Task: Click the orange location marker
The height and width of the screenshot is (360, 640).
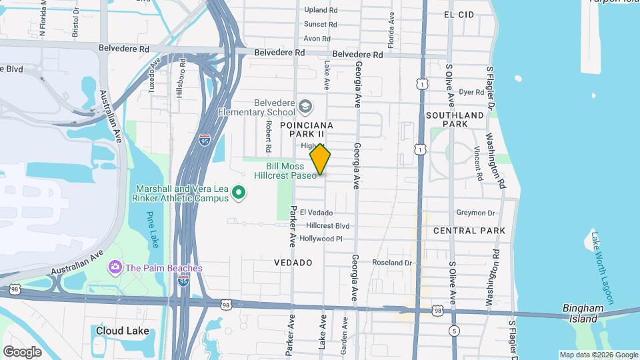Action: click(x=321, y=159)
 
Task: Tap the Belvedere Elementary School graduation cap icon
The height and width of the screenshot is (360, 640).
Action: click(x=305, y=106)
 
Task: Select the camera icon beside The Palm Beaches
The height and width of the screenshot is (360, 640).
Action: click(x=115, y=268)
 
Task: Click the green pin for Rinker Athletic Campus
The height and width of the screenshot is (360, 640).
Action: click(x=239, y=194)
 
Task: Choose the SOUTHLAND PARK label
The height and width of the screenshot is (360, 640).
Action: click(x=455, y=119)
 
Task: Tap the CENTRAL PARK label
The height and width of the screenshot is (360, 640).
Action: click(x=469, y=231)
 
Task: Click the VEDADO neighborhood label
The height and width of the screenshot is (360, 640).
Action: click(x=293, y=263)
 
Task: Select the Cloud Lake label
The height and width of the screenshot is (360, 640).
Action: click(x=118, y=331)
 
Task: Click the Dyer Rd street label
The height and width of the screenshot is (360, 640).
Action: click(x=471, y=92)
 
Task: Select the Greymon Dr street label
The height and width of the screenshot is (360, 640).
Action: click(x=475, y=213)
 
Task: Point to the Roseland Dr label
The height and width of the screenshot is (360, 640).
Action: click(x=392, y=263)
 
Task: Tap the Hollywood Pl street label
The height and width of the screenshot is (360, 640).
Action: click(x=321, y=239)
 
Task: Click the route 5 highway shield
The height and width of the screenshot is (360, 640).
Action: click(x=454, y=331)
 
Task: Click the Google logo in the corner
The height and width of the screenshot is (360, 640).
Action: click(x=22, y=351)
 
